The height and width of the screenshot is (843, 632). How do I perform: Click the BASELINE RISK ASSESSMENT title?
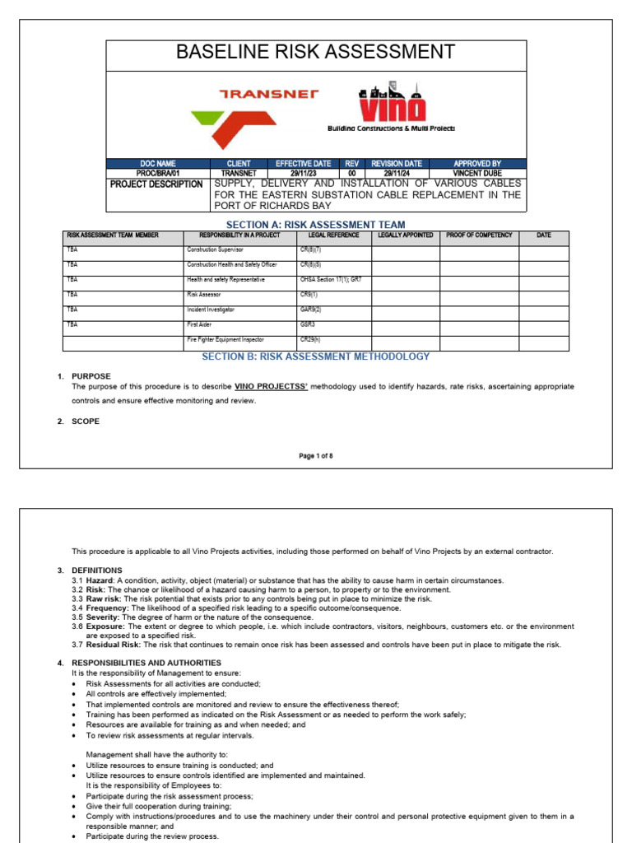click(316, 53)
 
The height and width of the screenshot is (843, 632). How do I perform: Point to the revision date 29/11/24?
click(397, 173)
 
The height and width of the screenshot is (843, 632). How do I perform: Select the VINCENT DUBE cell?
click(477, 173)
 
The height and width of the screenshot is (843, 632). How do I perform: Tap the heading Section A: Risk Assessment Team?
click(316, 225)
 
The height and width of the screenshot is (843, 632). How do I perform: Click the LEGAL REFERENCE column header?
click(333, 235)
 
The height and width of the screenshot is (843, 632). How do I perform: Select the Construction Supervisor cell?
click(216, 249)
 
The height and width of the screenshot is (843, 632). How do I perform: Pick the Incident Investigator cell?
click(211, 310)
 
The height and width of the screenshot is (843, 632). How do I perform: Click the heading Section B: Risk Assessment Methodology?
click(316, 356)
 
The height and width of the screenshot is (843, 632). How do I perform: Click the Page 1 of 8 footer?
click(316, 455)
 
